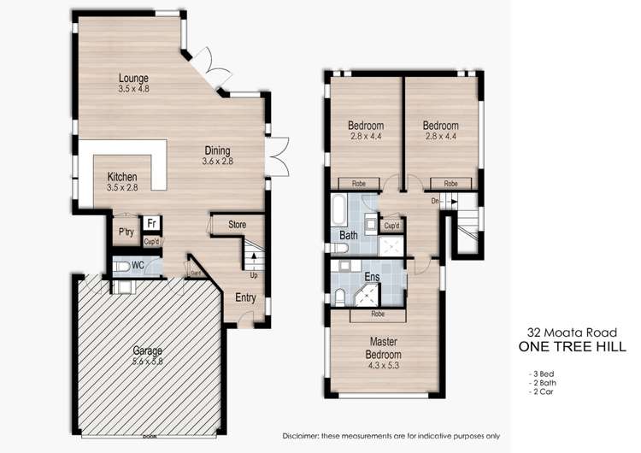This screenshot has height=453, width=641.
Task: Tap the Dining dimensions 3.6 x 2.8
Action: [x=218, y=162]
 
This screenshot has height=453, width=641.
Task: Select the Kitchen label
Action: [x=122, y=177]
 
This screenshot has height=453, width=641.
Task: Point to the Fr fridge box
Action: [x=151, y=224]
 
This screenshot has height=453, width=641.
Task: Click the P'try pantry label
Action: [x=123, y=232]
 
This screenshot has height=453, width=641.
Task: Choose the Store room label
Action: [x=237, y=225]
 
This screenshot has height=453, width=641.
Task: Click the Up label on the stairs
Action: [x=253, y=275]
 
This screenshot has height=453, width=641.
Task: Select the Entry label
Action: [x=245, y=297]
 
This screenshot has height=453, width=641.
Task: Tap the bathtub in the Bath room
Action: [x=340, y=209]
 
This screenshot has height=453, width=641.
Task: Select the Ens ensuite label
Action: [x=372, y=277]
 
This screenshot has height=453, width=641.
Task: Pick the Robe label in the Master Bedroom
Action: [x=377, y=314]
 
